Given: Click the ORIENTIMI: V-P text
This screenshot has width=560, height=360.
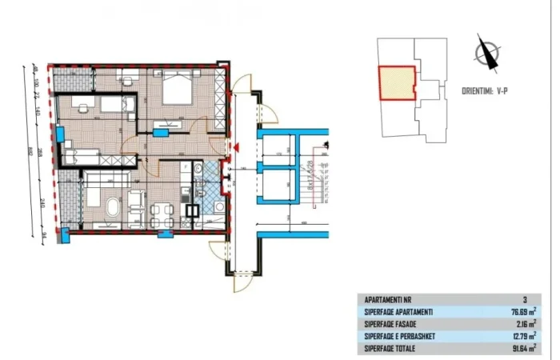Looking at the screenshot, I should click(485, 91).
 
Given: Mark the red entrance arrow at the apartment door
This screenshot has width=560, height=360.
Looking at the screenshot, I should click(233, 146).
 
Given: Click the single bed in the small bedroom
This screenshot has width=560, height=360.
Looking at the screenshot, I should click(96, 104).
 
